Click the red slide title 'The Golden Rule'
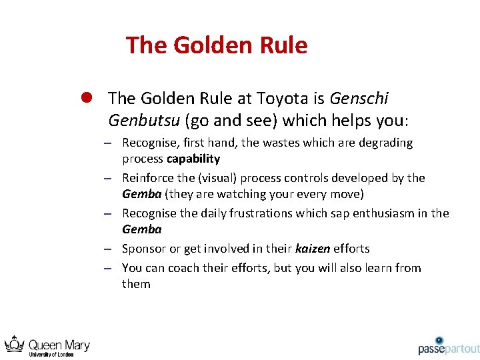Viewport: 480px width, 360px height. [x=217, y=45]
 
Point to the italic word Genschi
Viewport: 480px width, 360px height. [x=359, y=99]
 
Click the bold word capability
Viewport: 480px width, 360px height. [x=193, y=159]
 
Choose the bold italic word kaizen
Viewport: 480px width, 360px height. [x=313, y=249]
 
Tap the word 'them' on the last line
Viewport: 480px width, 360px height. [x=136, y=284]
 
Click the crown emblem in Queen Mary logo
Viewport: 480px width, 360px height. [x=14, y=345]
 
